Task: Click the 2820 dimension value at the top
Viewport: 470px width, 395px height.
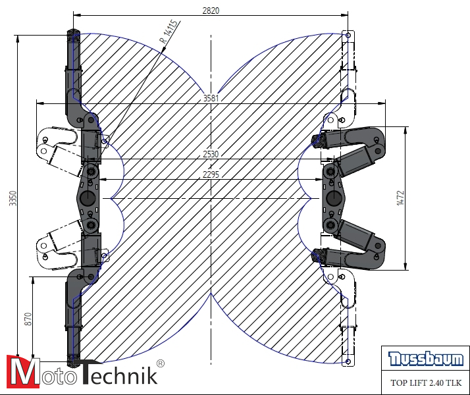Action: coord(211,10)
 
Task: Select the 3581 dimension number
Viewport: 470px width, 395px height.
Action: coord(211,99)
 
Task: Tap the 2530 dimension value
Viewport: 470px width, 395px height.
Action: coord(211,154)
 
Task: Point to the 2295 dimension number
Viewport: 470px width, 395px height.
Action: coord(211,175)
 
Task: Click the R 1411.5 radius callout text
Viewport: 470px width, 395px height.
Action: coord(169,32)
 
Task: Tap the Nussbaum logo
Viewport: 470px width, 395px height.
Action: coord(426,359)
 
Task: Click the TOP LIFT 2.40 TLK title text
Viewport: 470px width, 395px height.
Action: coord(426,382)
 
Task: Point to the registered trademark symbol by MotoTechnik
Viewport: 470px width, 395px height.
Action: coord(160,363)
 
